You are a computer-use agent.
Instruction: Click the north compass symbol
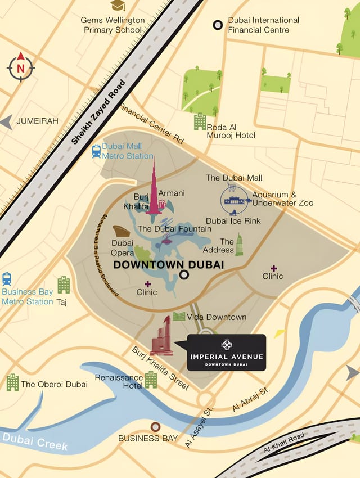point(21,67)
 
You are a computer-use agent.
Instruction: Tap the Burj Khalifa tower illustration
point(154,191)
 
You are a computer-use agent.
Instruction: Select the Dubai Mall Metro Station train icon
point(96,151)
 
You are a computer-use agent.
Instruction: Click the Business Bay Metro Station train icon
point(7,279)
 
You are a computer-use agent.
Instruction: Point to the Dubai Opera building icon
point(121,231)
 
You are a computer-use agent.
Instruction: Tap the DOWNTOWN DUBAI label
point(169,264)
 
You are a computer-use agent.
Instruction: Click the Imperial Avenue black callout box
point(226,353)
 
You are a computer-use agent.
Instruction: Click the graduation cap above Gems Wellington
point(118,6)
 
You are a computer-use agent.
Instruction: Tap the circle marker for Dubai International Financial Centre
point(218,25)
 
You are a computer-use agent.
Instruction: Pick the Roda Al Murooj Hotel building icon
point(200,121)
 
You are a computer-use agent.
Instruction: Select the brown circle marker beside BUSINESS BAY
point(155,427)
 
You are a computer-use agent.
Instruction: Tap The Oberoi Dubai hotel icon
point(12,382)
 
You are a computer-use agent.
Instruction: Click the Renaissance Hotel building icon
point(151,380)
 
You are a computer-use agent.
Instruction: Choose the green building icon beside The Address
point(239,245)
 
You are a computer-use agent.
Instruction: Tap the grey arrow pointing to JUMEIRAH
point(6,122)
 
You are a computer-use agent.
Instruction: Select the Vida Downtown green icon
point(179,317)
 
